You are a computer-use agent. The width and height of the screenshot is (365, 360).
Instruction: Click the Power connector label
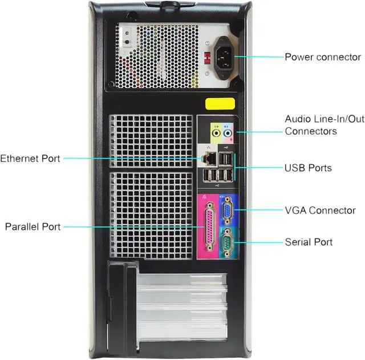(x=322, y=57)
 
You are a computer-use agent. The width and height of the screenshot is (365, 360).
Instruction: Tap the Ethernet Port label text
(x=30, y=159)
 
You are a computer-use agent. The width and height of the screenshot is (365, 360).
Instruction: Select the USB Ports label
(x=308, y=168)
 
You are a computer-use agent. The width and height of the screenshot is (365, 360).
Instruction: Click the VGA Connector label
(x=320, y=211)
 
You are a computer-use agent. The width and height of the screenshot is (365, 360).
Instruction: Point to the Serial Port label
(x=309, y=242)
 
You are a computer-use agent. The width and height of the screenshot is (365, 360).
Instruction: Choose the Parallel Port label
(x=33, y=226)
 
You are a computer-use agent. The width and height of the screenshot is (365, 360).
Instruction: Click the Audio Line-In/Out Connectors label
(x=324, y=125)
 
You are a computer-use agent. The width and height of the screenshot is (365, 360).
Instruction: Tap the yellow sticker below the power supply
(x=220, y=104)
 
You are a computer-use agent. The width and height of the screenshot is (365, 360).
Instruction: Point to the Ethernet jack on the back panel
(x=209, y=156)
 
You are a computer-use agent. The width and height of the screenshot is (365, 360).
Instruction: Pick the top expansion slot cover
(x=182, y=280)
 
